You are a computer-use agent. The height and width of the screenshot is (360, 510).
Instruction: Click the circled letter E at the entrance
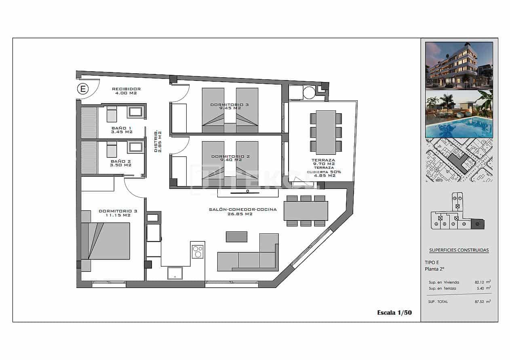83,89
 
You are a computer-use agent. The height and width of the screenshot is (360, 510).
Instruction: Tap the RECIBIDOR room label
126,91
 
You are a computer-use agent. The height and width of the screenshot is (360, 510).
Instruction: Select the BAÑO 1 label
122,130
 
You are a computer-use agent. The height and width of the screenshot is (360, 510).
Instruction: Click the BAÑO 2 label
121,163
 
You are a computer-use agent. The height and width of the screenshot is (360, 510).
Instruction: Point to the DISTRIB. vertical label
158,141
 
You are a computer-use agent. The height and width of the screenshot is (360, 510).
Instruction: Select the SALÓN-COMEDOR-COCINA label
242,212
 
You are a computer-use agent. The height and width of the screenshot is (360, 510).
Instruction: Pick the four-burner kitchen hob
198,252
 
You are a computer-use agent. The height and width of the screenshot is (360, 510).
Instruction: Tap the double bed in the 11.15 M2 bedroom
106,241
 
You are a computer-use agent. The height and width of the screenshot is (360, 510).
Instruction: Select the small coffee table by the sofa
236,237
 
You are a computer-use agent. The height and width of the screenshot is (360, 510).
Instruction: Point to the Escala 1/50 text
394,312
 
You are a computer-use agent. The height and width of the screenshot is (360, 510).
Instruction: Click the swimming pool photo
459,114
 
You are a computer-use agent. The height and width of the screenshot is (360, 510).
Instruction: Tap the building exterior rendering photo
459,65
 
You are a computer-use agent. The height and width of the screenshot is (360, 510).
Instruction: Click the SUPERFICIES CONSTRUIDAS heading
459,250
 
